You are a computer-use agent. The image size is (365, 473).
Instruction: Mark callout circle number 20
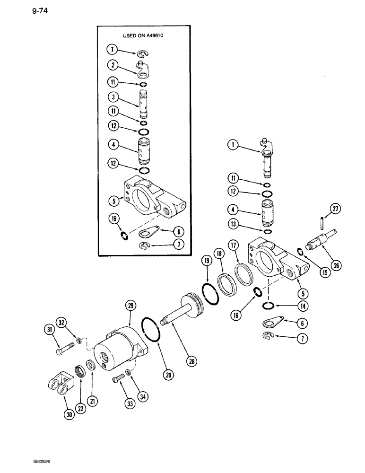[x=169, y=375]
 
